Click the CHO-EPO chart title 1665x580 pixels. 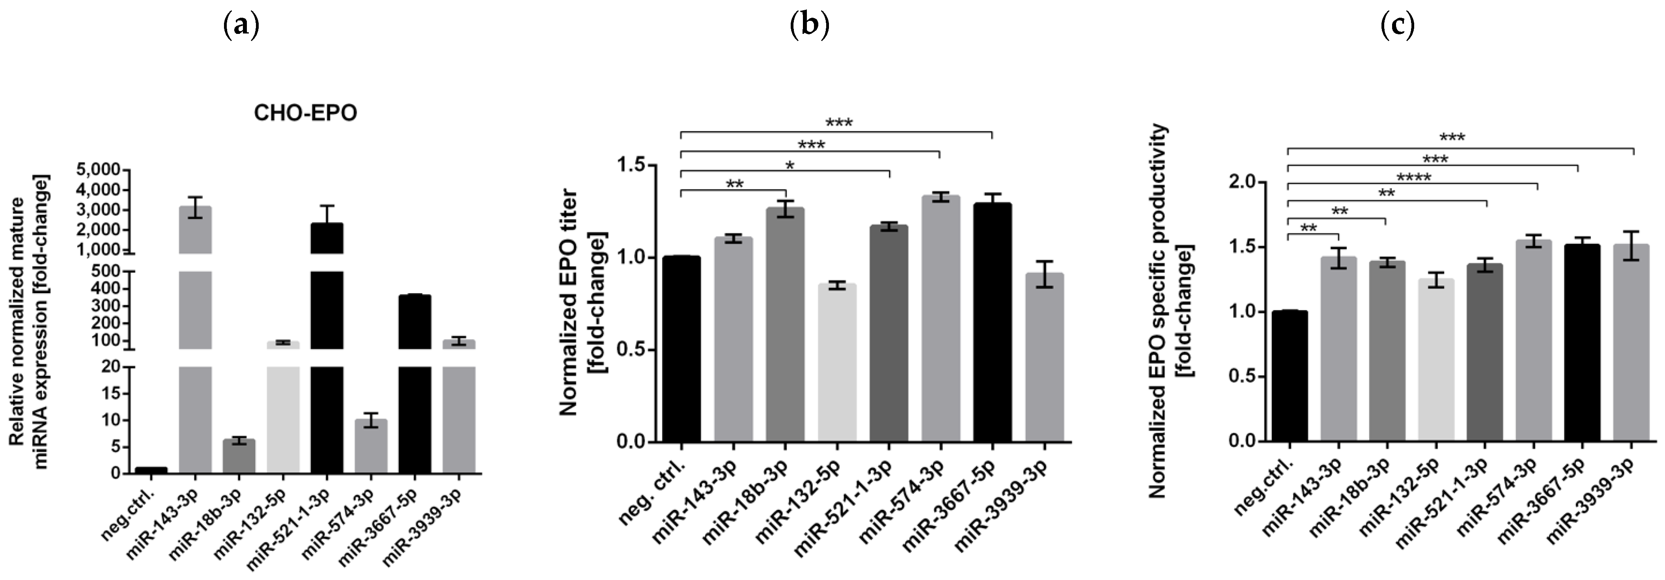click(305, 113)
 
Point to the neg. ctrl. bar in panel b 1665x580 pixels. click(681, 349)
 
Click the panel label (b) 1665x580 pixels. click(809, 26)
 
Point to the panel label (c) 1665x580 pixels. click(1397, 26)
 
